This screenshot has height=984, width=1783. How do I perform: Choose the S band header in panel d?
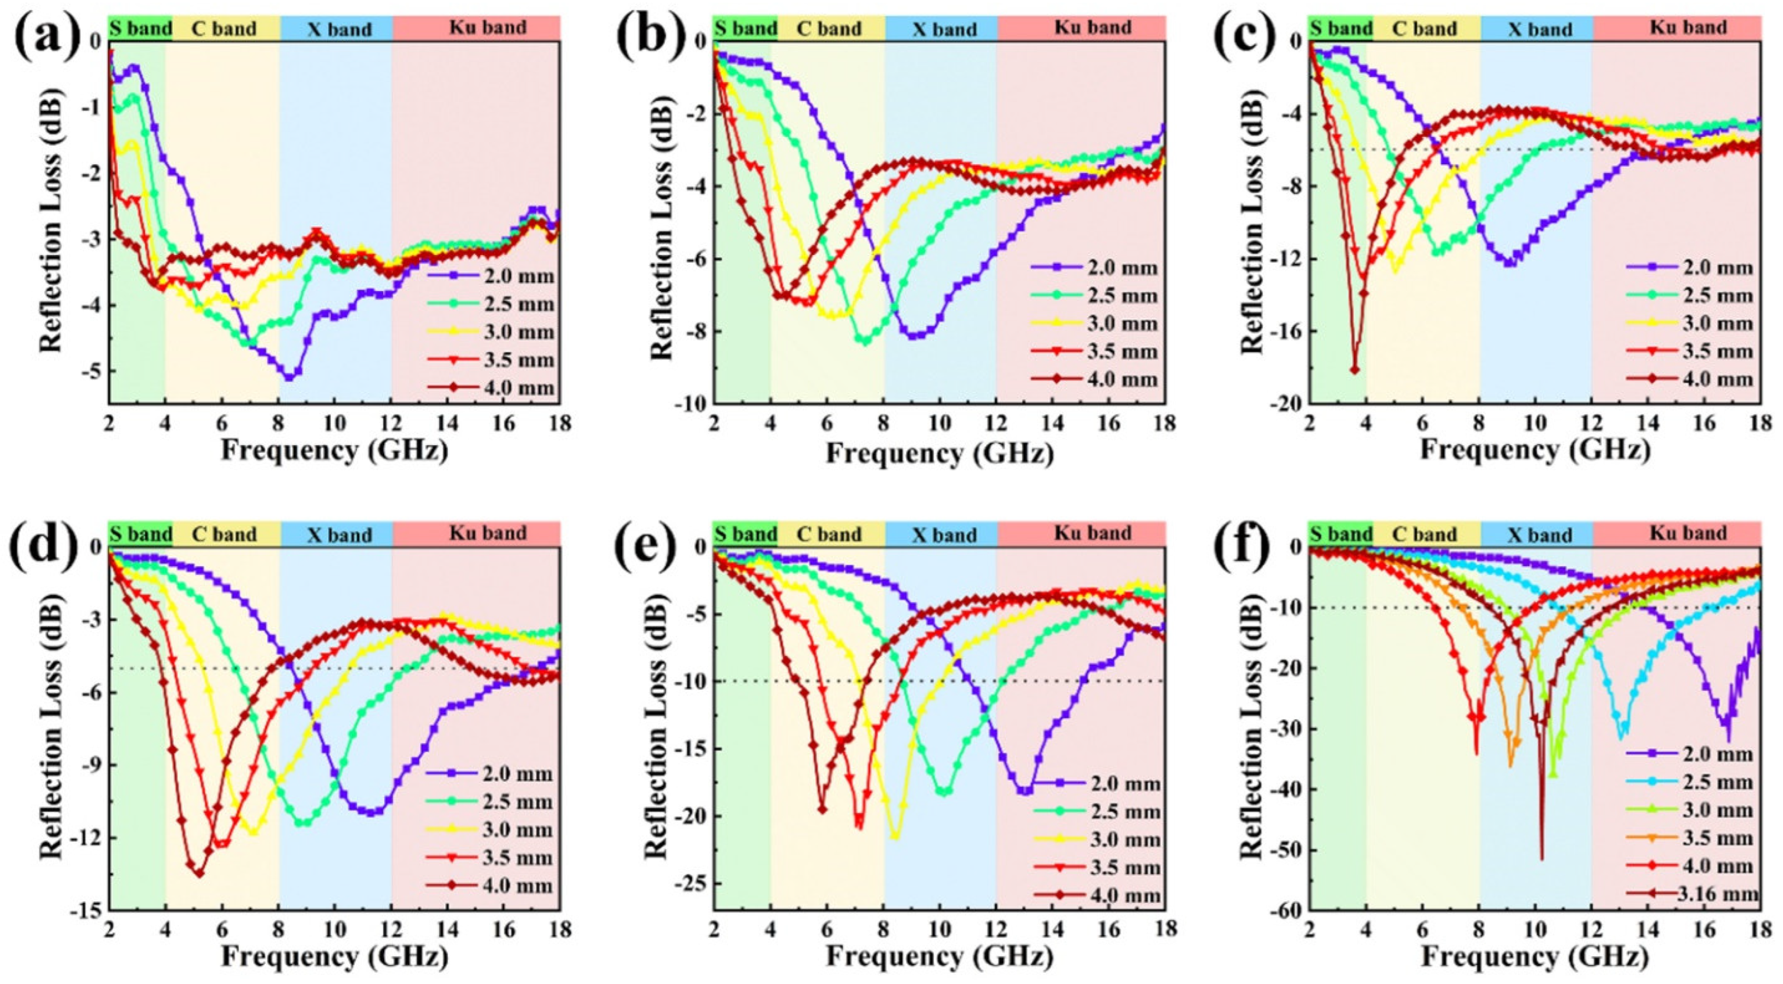140,534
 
